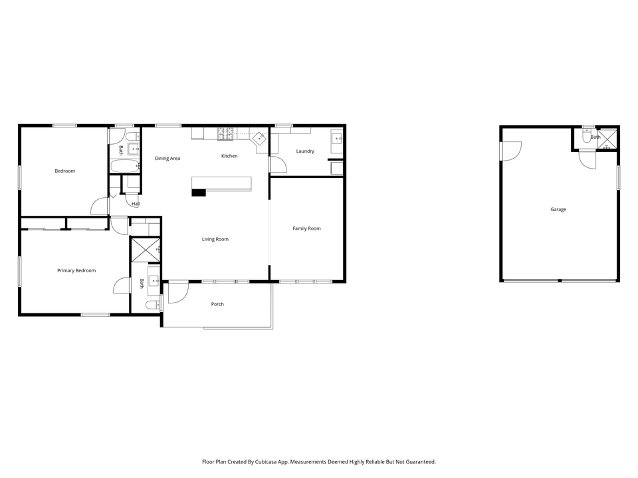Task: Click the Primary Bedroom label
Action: (76, 271)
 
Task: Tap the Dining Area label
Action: (167, 159)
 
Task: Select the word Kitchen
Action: (229, 156)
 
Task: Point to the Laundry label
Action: (305, 151)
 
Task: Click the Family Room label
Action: (306, 228)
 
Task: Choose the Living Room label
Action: (215, 239)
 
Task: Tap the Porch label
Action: (217, 304)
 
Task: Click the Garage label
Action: (558, 210)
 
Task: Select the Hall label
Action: (136, 204)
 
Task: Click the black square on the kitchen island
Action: (199, 193)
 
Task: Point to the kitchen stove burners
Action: (225, 133)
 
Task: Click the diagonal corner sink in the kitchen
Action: (258, 139)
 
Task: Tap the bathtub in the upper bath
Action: (125, 165)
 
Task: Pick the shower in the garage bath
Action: (607, 137)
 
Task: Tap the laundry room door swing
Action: (276, 164)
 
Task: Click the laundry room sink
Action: (336, 139)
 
